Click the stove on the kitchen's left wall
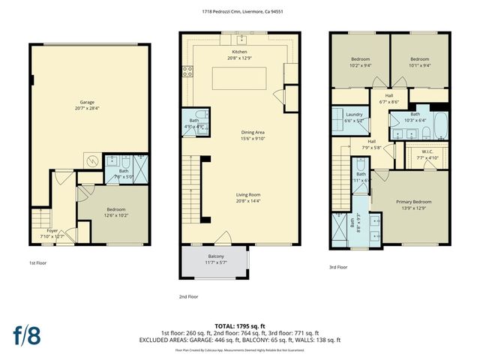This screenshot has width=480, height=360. [186, 72]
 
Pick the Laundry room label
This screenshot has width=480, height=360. [354, 117]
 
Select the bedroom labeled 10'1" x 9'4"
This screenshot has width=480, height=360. [419, 61]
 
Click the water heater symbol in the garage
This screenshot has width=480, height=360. [91, 160]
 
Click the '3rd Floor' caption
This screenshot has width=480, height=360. [337, 267]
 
